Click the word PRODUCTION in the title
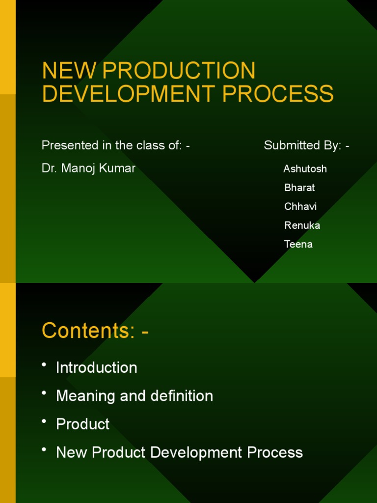[x=180, y=71]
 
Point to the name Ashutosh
[x=305, y=169]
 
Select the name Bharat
[x=299, y=188]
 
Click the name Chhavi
[x=300, y=206]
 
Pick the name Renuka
[x=302, y=225]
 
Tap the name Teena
[x=298, y=244]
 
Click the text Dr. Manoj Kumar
[x=88, y=168]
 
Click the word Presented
[x=66, y=145]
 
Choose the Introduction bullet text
[x=97, y=367]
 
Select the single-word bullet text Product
[x=83, y=424]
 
